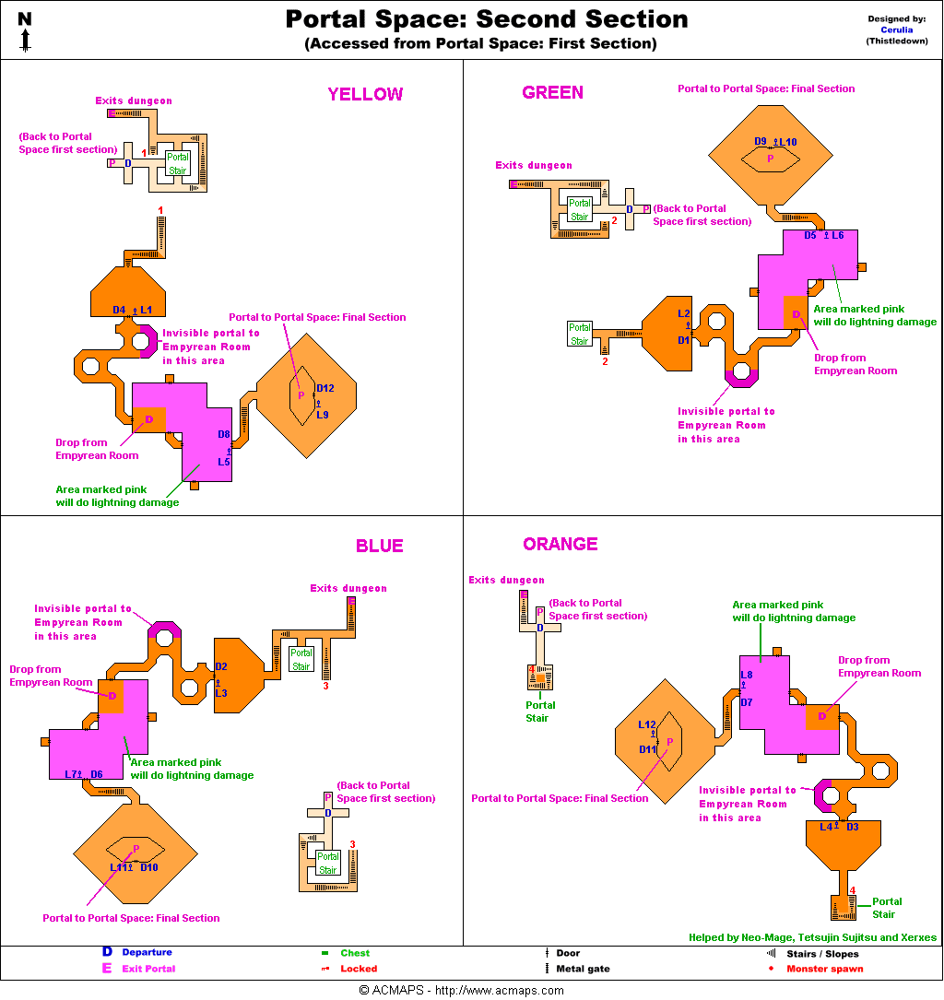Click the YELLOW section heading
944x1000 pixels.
point(365,94)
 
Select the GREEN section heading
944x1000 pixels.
point(552,92)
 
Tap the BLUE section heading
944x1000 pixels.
point(379,546)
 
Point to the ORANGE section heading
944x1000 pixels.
point(560,544)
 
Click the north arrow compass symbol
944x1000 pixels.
point(25,31)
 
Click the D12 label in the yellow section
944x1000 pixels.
point(324,388)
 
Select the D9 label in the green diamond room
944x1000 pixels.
point(761,141)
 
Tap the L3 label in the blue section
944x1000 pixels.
point(221,693)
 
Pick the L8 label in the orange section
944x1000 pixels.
point(747,675)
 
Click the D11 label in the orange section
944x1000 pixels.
point(647,749)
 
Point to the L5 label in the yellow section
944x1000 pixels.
point(223,462)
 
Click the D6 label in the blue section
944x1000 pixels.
point(97,774)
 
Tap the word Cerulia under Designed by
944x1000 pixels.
point(897,29)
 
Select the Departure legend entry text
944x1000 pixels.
point(147,952)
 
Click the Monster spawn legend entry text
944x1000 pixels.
point(824,969)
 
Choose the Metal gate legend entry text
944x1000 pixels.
point(583,969)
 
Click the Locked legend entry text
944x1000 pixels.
point(359,969)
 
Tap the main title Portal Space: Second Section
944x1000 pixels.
point(486,19)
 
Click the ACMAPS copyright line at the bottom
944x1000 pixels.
point(461,991)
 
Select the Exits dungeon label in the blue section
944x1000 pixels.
point(348,588)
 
